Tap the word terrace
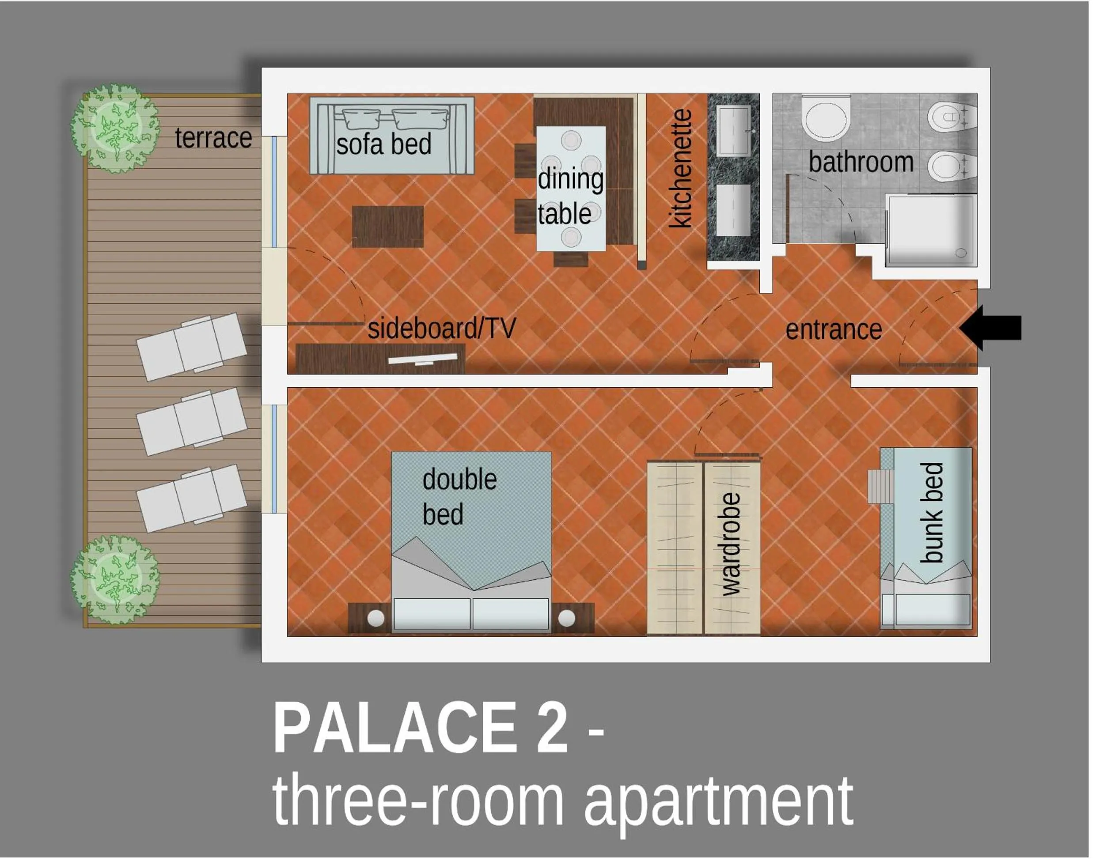coord(213,138)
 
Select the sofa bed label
coord(384,144)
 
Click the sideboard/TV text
coord(442,328)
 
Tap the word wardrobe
coord(731,544)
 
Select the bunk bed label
coord(931,513)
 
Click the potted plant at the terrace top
coord(116,128)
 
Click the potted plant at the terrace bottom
coord(116,580)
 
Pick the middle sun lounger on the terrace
coord(192,421)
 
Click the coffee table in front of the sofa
coord(388,227)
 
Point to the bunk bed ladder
coord(880,486)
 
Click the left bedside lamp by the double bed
coord(375,618)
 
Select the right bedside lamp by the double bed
coord(566,618)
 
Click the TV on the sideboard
coord(423,359)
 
